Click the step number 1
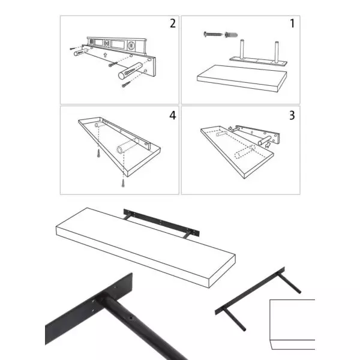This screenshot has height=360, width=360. tap(292, 23)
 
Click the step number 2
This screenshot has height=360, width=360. tap(173, 23)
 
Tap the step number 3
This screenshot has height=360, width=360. tap(292, 115)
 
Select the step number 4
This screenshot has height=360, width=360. tap(173, 115)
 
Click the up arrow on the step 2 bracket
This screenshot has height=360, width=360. tap(105, 55)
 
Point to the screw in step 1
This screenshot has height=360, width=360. tap(213, 34)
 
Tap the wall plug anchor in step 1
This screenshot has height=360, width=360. tap(231, 35)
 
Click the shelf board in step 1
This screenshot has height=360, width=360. tap(242, 78)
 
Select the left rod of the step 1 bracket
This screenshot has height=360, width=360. tap(242, 50)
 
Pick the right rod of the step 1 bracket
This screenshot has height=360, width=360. tap(277, 52)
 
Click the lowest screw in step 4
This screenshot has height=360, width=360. tap(123, 184)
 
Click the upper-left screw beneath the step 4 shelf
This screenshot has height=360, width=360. tap(98, 153)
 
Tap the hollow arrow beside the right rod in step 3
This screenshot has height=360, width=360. tap(268, 145)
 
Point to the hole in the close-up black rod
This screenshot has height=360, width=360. tap(131, 318)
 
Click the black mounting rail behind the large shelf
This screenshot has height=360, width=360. tap(161, 222)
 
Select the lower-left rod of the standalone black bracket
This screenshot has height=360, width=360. tap(234, 319)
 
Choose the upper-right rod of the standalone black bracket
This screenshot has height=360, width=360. tap(289, 283)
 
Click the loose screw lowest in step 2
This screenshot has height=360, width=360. tap(126, 84)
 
